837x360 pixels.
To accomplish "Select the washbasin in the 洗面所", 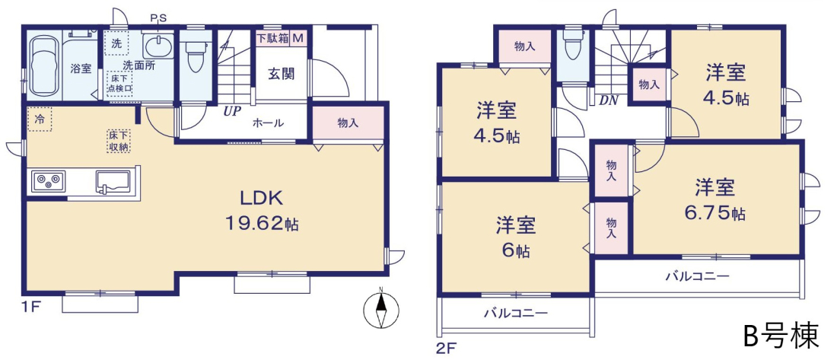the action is [158, 45].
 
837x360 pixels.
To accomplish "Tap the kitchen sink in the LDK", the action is [113, 182].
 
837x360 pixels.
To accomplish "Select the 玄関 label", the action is [281, 74].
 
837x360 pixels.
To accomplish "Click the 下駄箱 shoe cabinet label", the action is [272, 39].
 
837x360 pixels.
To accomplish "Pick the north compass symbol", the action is [380, 310].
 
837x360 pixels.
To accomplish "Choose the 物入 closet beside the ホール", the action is [348, 123].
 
